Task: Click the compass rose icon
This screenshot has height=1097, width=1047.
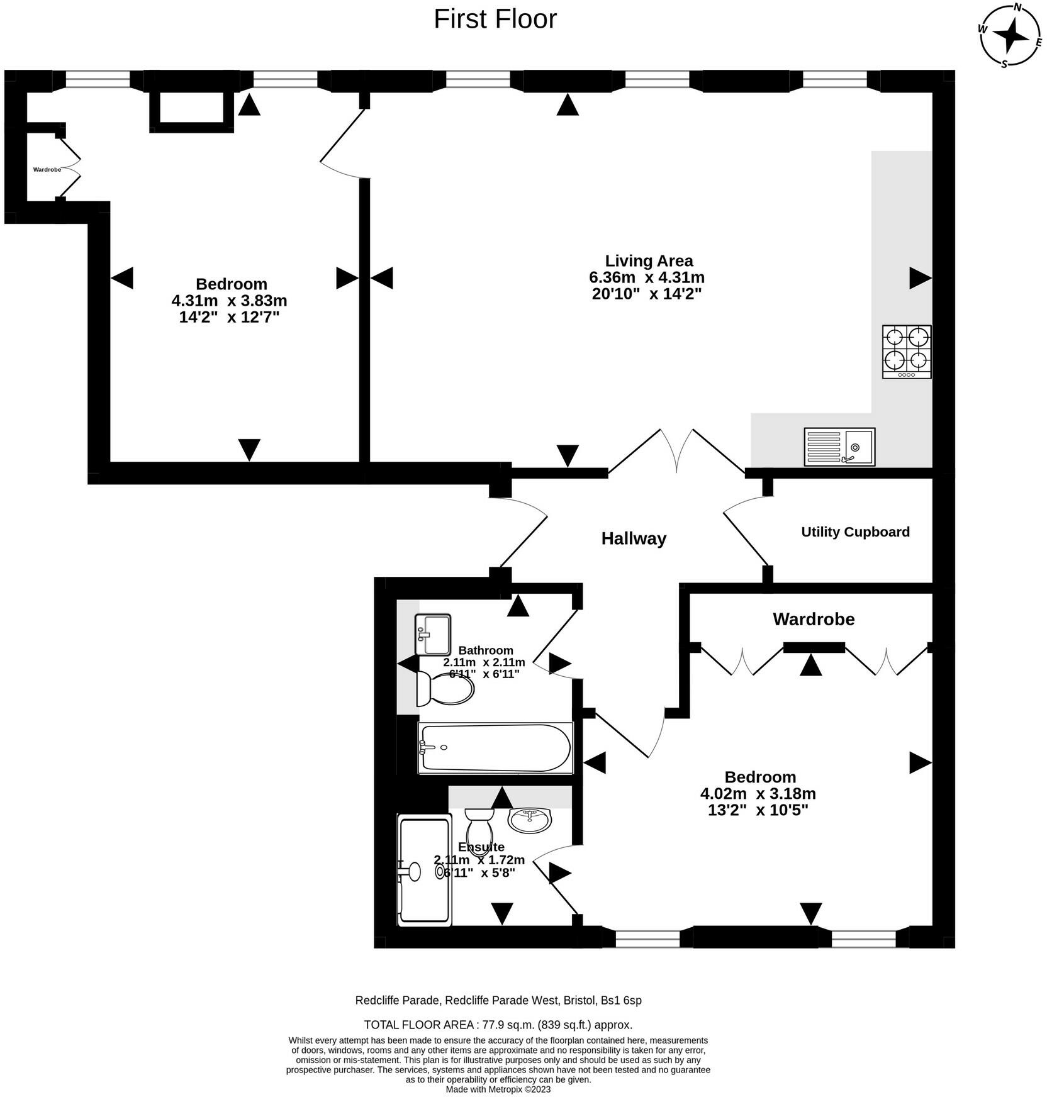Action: pyautogui.click(x=1011, y=35)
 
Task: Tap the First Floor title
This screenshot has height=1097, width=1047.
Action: pyautogui.click(x=495, y=19)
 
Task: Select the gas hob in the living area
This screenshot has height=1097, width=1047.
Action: pyautogui.click(x=907, y=352)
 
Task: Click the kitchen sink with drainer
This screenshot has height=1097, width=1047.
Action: pyautogui.click(x=839, y=447)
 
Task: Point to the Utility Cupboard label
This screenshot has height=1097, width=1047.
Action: pyautogui.click(x=855, y=532)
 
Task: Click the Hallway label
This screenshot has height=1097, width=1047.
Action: pyautogui.click(x=634, y=538)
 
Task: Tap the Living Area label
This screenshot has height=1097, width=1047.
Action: pyautogui.click(x=649, y=260)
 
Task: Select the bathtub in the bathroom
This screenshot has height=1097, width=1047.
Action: pyautogui.click(x=496, y=748)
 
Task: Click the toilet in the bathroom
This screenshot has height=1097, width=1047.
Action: pyautogui.click(x=445, y=689)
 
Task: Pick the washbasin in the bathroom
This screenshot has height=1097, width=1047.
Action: pyautogui.click(x=433, y=635)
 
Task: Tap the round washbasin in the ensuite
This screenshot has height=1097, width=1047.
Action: pyautogui.click(x=529, y=820)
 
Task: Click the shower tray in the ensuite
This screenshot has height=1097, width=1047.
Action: pyautogui.click(x=425, y=870)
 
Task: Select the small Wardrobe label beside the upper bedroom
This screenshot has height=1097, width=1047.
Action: pyautogui.click(x=47, y=170)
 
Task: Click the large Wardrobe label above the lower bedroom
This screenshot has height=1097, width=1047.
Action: pyautogui.click(x=814, y=620)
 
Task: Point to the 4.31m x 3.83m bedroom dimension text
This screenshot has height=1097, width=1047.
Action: pyautogui.click(x=229, y=301)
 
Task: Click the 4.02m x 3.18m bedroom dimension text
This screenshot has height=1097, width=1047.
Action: pyautogui.click(x=758, y=794)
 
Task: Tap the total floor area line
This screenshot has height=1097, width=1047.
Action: pyautogui.click(x=498, y=1025)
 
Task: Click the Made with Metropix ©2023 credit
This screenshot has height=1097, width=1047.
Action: pyautogui.click(x=498, y=1089)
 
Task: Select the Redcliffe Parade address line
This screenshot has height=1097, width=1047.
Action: pyautogui.click(x=498, y=1000)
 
